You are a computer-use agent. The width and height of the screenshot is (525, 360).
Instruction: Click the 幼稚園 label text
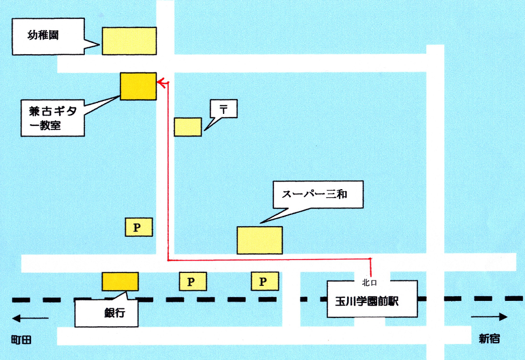[43, 36]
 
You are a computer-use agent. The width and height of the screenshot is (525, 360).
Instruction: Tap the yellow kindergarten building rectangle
[129, 41]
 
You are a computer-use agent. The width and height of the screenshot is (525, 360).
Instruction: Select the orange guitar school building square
[138, 87]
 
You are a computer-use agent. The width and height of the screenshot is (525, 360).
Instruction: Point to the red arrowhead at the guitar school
[160, 82]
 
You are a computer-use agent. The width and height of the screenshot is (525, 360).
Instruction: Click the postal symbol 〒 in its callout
[223, 109]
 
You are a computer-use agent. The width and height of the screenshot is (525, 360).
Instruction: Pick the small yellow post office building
[188, 126]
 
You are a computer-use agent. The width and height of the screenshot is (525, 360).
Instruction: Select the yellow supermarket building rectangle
[260, 240]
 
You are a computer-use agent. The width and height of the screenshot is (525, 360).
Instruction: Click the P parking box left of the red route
[139, 227]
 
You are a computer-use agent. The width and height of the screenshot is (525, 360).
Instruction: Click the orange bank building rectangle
[120, 281]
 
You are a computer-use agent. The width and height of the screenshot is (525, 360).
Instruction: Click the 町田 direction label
[21, 340]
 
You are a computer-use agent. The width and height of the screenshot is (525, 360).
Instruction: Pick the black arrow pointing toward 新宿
[489, 317]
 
